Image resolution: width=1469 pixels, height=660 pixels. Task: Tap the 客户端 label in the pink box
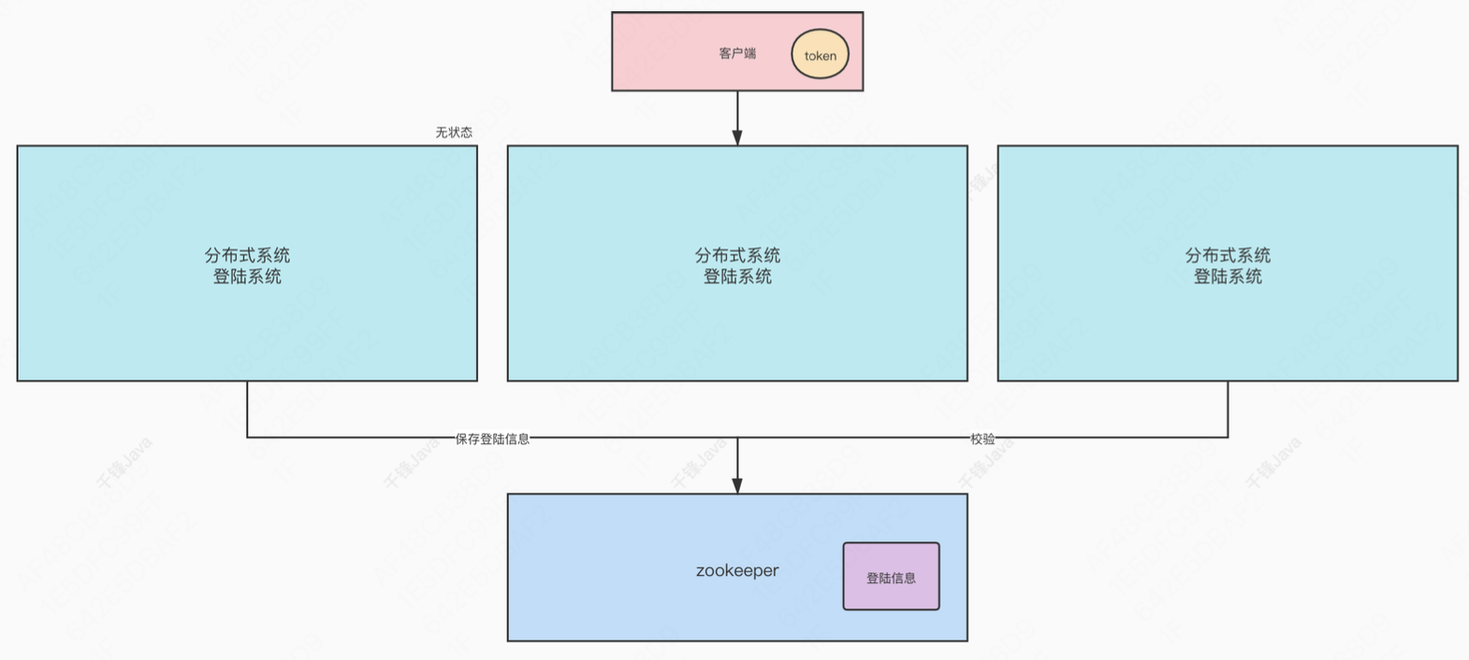(x=737, y=53)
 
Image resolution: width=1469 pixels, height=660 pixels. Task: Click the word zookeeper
(x=737, y=570)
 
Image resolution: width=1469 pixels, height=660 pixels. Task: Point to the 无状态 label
(x=454, y=133)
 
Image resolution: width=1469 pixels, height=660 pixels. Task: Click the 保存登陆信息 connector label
(x=492, y=438)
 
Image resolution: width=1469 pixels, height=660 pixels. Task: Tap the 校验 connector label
(x=982, y=438)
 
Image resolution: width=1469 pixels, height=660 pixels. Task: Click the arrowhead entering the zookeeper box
(x=737, y=485)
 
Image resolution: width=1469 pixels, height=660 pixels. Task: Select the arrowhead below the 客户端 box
(x=737, y=137)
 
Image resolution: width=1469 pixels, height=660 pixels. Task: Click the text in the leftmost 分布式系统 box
(x=247, y=265)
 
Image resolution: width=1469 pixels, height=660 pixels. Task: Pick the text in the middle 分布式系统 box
(x=737, y=265)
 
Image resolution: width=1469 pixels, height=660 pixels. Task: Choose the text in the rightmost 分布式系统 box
(x=1228, y=265)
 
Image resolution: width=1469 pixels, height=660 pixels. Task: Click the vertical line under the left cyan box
(x=247, y=409)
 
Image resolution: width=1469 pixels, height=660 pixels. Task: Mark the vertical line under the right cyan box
(x=1228, y=409)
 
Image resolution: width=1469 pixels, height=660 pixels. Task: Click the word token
(x=820, y=56)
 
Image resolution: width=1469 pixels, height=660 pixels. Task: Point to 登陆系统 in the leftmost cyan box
(x=247, y=277)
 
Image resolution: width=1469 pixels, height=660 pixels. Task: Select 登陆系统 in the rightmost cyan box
(x=1228, y=277)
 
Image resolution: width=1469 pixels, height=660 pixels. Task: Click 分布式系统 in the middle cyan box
(x=737, y=255)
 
